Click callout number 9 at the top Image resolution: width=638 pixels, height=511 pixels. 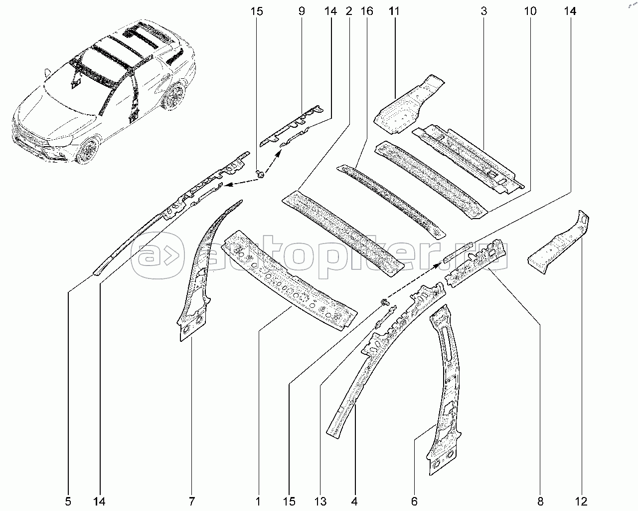point(302,11)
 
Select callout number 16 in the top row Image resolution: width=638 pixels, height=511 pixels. point(367,11)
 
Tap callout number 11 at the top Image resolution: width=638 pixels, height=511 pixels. point(394,11)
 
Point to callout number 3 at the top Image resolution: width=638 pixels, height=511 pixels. point(484,11)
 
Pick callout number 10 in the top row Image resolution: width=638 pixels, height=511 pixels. point(530,11)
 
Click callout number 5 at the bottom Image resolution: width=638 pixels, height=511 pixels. point(68,502)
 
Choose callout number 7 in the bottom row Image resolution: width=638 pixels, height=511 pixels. point(192,502)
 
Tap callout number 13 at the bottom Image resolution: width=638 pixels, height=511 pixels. point(320,502)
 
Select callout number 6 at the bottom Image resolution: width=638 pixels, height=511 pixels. point(414,502)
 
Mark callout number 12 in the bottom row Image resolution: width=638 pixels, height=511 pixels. point(581,502)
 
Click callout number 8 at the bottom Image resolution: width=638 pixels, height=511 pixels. point(540,502)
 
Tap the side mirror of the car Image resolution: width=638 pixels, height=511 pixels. point(47,73)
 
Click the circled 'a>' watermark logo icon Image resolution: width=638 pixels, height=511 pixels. point(157,255)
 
